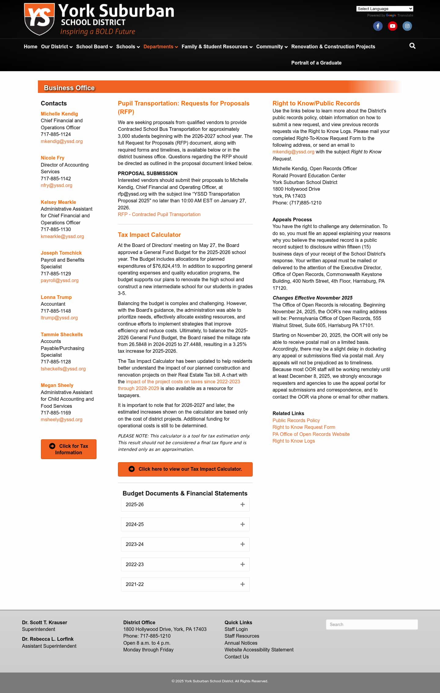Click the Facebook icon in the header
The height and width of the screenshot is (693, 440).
(378, 26)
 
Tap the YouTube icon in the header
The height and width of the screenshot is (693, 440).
(392, 26)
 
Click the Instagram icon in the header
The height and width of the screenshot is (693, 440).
(407, 26)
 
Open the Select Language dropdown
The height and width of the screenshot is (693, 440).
(384, 9)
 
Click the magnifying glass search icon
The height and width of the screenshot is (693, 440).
(412, 46)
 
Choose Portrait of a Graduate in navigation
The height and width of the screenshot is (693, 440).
(316, 63)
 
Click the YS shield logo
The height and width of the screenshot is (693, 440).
(39, 19)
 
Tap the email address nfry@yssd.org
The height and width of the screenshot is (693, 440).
(57, 185)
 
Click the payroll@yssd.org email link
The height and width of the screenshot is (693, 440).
(60, 280)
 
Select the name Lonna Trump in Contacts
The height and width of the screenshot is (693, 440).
(56, 297)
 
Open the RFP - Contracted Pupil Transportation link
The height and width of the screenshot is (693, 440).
(159, 214)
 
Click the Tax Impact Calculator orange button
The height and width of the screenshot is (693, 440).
(185, 469)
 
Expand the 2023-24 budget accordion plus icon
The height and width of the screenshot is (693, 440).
(243, 544)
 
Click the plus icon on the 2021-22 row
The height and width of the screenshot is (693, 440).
(243, 584)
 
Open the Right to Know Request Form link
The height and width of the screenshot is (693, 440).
(304, 427)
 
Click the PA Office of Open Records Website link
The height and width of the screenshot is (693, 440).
(311, 434)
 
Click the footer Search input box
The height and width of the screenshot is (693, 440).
(372, 625)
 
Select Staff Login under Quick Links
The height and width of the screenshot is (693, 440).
(236, 629)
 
